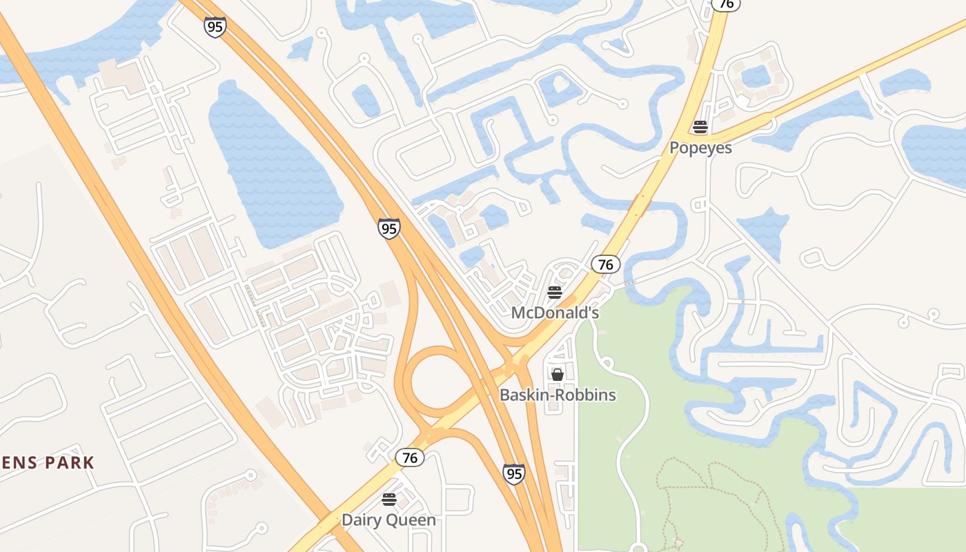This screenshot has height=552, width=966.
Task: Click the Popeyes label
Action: tap(700, 148)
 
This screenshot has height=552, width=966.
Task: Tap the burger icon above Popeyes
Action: tap(700, 127)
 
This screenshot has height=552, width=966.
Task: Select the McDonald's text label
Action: tap(555, 313)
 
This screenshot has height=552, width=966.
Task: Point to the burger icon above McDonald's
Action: tap(555, 293)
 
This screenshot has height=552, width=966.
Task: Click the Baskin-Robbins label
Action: tap(558, 395)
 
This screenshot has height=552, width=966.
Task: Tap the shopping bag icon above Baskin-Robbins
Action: tap(558, 375)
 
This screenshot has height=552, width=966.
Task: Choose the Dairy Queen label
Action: tap(389, 520)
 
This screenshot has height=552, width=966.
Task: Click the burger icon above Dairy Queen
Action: tap(389, 499)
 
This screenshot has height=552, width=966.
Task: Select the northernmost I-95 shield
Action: tap(215, 28)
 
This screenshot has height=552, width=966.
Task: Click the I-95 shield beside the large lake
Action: tap(389, 228)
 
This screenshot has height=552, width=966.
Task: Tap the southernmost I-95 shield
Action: tap(513, 474)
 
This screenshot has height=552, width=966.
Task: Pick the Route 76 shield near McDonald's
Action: tap(605, 264)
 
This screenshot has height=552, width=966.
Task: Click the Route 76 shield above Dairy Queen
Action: tap(410, 457)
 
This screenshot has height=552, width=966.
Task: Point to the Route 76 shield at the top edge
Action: tap(725, 4)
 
